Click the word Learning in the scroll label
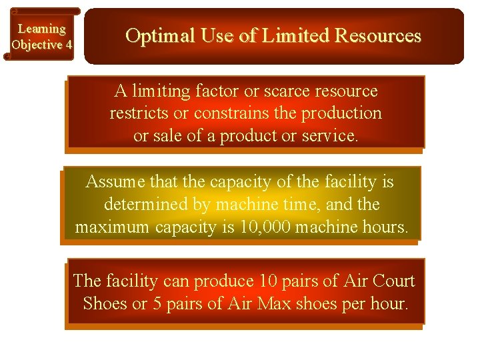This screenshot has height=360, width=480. coord(41,29)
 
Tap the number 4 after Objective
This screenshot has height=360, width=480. coord(68,45)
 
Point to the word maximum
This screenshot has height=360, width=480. coord(113,227)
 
